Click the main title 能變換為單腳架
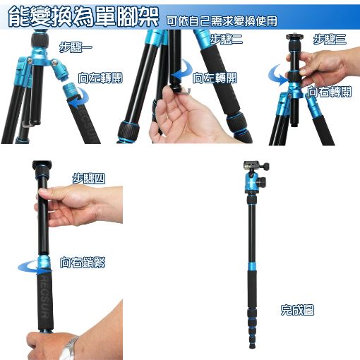click(x=83, y=17)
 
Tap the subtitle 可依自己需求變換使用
click(x=222, y=21)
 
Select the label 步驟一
click(x=76, y=47)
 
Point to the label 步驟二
click(x=226, y=39)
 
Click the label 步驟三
click(x=330, y=39)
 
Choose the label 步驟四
click(x=89, y=179)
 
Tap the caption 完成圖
click(x=297, y=310)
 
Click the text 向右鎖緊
click(x=83, y=263)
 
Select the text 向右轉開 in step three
click(x=330, y=92)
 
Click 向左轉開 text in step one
click(x=100, y=78)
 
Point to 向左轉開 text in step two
click(x=215, y=78)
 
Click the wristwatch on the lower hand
click(x=69, y=348)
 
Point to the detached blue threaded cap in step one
click(x=71, y=90)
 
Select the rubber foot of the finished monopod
click(x=252, y=346)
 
